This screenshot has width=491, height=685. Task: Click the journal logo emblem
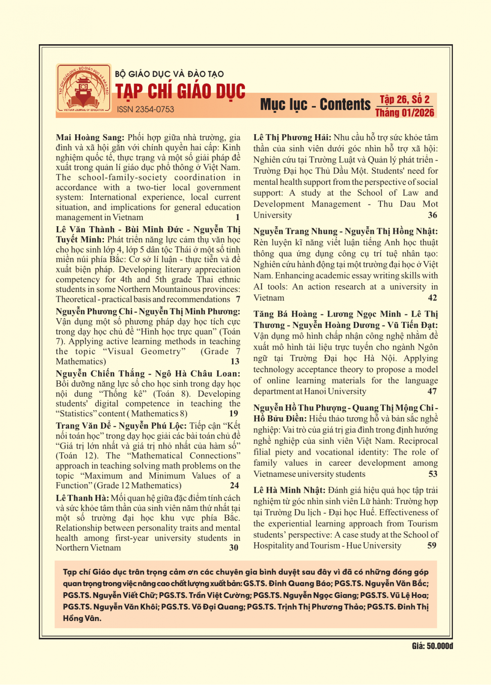83,88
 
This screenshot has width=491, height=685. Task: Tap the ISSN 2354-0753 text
145,110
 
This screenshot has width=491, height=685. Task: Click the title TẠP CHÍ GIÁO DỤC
180,92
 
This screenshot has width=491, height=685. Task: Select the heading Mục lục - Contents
315,105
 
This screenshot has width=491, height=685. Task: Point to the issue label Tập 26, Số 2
405,99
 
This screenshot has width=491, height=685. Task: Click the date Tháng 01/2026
405,113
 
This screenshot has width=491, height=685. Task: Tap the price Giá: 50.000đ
432,646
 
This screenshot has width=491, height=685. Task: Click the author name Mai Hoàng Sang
90,137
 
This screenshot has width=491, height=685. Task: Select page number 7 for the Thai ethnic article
238,299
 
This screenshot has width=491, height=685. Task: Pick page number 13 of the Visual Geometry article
235,362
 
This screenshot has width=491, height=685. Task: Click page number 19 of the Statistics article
234,413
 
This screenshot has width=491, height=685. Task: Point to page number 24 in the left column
234,485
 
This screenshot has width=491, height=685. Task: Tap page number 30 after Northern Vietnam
234,548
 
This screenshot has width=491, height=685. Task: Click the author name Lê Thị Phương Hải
292,137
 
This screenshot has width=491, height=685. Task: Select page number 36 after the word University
432,215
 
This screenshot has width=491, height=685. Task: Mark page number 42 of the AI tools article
432,298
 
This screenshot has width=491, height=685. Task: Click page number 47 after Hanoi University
432,391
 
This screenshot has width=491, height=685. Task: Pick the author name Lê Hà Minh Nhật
289,490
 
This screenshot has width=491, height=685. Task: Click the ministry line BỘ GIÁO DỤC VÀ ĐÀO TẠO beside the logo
169,74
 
